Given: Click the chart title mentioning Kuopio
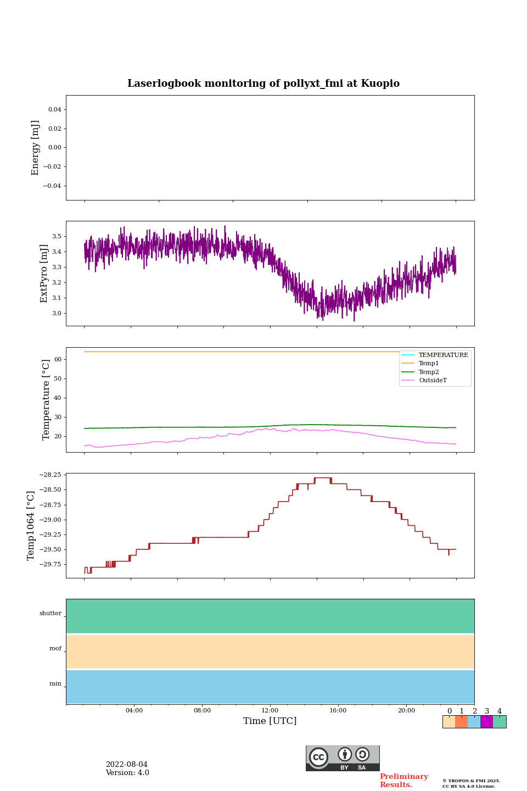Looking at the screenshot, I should click(263, 83).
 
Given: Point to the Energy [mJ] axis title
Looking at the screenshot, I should click(36, 148).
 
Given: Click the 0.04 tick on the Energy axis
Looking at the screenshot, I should click(54, 110).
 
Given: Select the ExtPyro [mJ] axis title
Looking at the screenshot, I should click(44, 274).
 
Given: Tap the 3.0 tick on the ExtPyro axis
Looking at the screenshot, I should click(57, 314).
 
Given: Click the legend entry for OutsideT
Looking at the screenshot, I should click(433, 381).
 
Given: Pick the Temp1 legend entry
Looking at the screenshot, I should click(429, 364).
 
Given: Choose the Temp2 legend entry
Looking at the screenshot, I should click(429, 372).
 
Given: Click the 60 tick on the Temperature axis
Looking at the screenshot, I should click(58, 360).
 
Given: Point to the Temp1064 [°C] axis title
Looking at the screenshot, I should click(31, 526).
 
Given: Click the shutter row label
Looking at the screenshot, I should click(51, 614).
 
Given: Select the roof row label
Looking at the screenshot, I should click(55, 649).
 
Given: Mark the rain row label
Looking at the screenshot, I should click(55, 684).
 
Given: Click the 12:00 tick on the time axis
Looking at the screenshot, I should click(270, 711).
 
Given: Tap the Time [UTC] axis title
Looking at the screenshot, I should click(270, 721).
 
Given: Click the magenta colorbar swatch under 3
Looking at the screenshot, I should click(486, 722).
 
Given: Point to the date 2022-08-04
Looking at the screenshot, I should click(127, 765).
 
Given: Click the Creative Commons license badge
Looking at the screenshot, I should click(343, 758).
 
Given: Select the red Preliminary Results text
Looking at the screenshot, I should click(403, 781).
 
